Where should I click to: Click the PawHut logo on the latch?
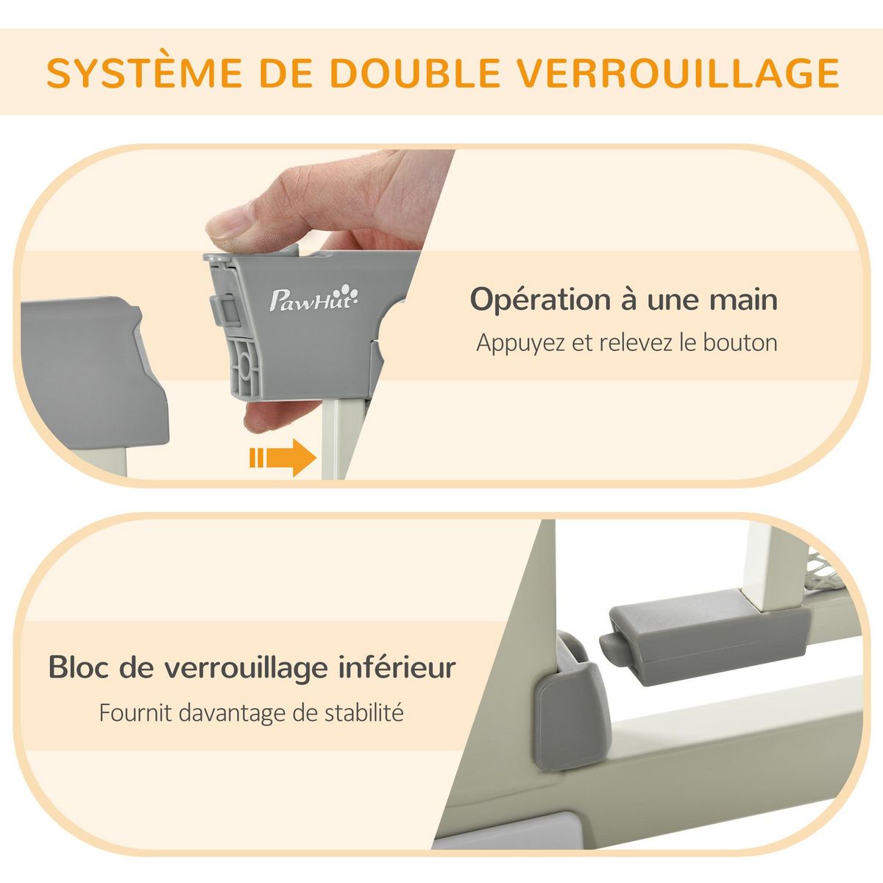[x=315, y=299]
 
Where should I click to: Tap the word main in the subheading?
[x=743, y=300]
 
